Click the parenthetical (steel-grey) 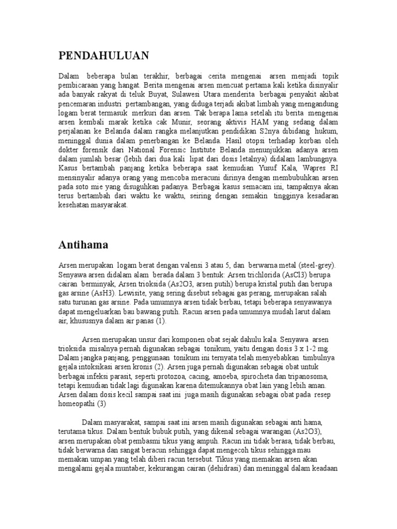(x=313, y=266)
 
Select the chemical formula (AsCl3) (x=287, y=274)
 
